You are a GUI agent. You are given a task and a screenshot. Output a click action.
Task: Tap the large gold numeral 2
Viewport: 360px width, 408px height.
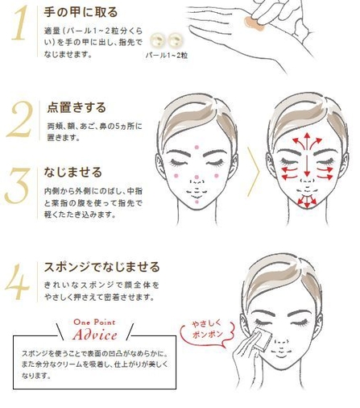(19, 122)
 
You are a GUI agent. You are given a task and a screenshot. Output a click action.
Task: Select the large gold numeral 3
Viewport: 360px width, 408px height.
(18, 186)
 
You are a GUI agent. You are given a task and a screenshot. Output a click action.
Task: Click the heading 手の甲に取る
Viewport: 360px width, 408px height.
(81, 13)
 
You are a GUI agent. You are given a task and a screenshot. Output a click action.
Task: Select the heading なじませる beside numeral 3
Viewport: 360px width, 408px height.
(73, 173)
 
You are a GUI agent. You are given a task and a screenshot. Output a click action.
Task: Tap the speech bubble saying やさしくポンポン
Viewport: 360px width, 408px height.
(205, 331)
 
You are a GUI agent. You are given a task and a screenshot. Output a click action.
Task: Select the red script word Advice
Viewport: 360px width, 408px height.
(94, 335)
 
